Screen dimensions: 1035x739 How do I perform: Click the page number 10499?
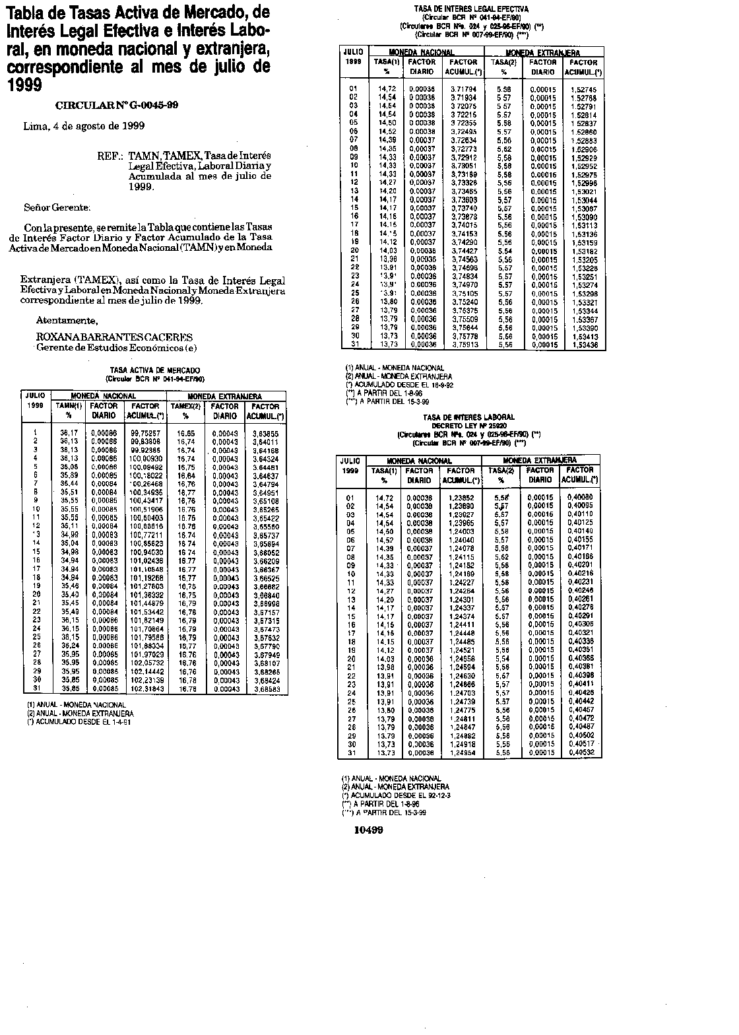click(368, 830)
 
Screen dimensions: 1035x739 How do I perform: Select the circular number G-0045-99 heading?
click(117, 105)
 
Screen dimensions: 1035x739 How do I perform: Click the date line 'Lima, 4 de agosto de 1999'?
click(84, 125)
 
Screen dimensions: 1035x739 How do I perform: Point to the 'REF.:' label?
click(110, 158)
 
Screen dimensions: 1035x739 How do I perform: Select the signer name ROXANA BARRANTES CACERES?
click(114, 336)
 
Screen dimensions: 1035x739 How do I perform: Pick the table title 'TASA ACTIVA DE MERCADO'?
click(155, 370)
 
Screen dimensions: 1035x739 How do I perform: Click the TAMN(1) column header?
click(68, 407)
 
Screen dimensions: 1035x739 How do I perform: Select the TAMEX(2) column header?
click(185, 407)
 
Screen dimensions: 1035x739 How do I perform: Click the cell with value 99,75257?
click(145, 433)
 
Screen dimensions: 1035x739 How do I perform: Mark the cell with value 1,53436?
click(583, 345)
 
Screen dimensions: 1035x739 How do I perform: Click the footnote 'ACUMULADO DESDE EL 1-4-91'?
click(82, 721)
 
